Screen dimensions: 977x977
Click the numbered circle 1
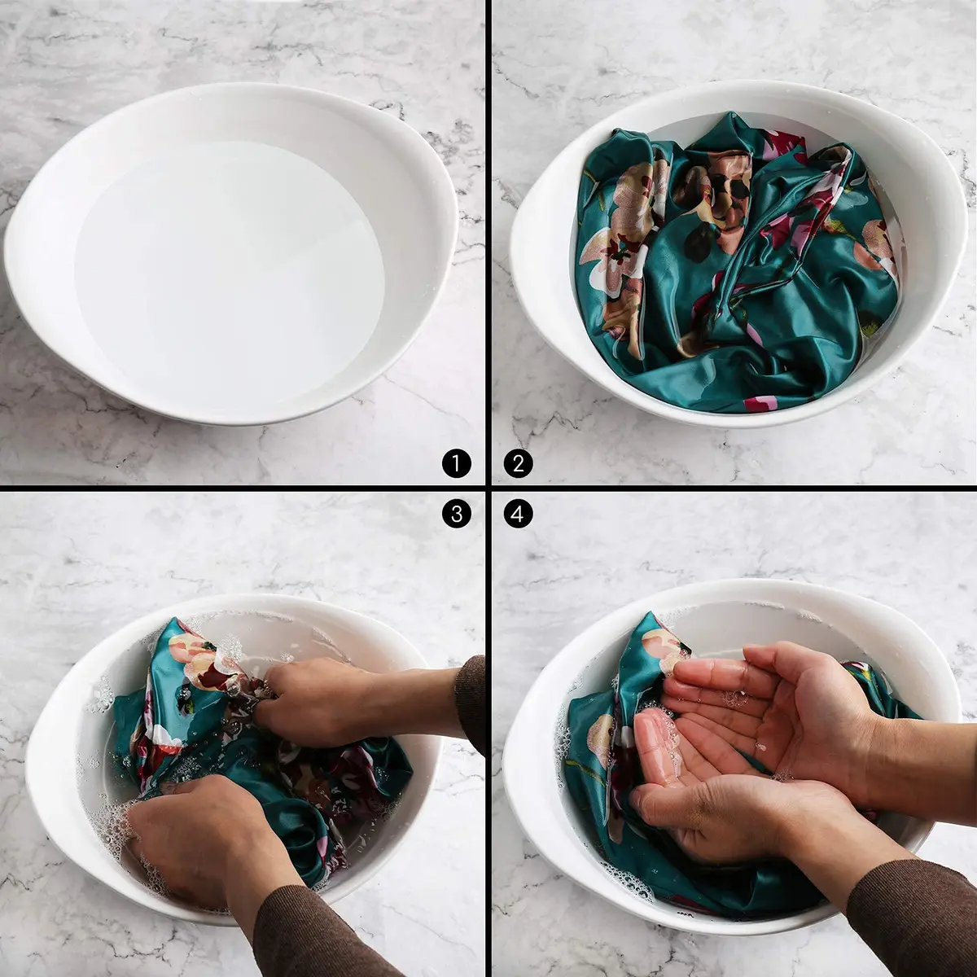456,463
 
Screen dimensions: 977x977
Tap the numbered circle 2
518,463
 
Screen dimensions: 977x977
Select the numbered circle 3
456,514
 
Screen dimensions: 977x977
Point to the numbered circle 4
518,514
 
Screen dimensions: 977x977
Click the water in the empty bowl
229,276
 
